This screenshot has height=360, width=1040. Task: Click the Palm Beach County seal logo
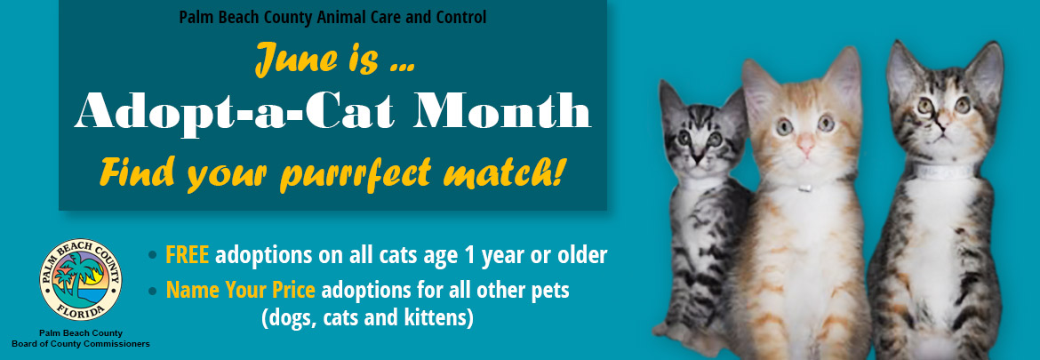point(81,279)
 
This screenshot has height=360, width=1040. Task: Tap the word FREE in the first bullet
point(187,254)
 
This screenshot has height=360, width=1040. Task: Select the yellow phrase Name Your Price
point(240,291)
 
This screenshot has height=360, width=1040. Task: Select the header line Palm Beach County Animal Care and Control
point(332,18)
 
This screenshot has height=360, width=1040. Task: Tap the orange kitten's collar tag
point(804,188)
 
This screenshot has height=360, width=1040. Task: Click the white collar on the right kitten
point(942,172)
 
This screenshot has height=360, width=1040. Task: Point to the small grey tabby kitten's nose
point(696,158)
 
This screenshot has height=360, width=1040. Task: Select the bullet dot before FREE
point(153,254)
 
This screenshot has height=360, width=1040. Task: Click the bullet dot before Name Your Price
point(153,291)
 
